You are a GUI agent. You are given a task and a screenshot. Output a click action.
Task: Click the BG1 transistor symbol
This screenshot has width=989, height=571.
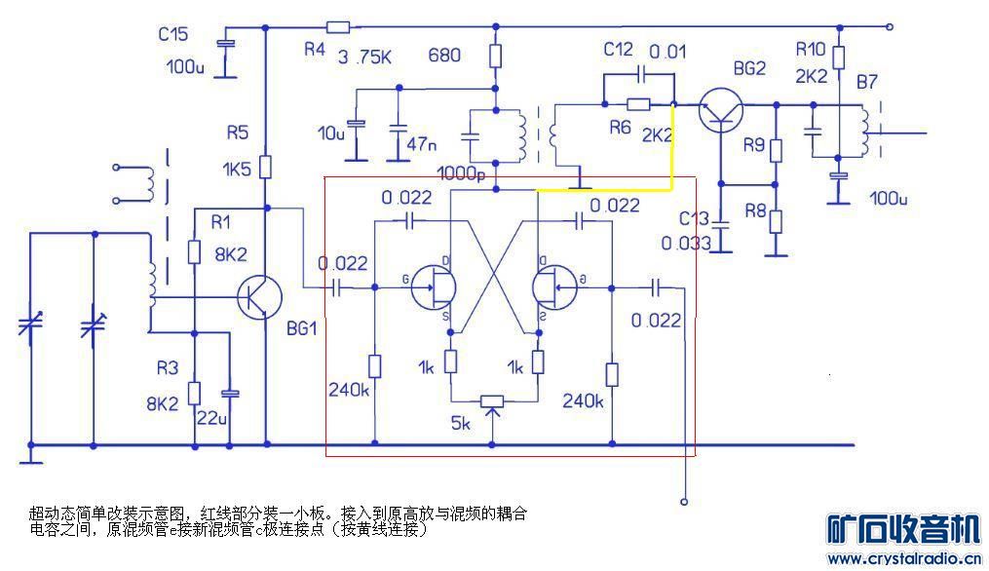(x=260, y=297)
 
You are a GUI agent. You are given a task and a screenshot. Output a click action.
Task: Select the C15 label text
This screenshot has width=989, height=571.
(x=173, y=34)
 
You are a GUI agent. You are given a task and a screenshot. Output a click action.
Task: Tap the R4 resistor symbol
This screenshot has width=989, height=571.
(x=338, y=27)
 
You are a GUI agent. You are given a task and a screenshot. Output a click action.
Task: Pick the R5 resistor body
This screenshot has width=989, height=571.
(x=266, y=168)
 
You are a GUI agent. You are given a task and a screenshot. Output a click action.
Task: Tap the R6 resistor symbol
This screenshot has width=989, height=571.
(x=638, y=104)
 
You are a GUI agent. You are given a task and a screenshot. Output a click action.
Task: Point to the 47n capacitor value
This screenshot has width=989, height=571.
(x=422, y=144)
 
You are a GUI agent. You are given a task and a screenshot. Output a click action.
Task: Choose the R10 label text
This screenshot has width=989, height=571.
(x=811, y=49)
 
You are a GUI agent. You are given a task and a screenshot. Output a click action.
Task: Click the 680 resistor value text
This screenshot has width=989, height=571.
(x=444, y=56)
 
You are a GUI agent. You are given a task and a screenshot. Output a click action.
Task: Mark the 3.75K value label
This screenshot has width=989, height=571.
(x=364, y=57)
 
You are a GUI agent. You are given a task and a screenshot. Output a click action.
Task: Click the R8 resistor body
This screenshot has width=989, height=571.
(x=776, y=219)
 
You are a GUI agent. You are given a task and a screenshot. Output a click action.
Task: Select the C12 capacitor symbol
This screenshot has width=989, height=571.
(x=642, y=74)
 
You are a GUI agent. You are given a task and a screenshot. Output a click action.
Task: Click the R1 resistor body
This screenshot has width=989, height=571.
(x=194, y=253)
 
